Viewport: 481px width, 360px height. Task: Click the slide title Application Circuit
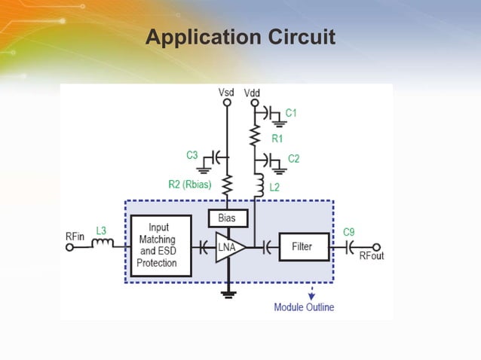click(x=240, y=36)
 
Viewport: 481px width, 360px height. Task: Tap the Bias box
click(x=227, y=218)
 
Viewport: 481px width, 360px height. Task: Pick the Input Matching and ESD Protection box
click(x=158, y=246)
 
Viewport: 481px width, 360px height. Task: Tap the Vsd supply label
click(x=226, y=92)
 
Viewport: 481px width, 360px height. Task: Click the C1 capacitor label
click(x=290, y=113)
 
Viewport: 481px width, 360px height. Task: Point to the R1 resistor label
click(x=277, y=139)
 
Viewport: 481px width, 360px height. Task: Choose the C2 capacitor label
click(x=294, y=159)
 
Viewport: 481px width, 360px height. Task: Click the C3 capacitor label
click(x=192, y=155)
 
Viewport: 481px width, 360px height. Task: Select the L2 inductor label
click(x=275, y=187)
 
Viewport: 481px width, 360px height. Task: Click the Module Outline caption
click(x=304, y=307)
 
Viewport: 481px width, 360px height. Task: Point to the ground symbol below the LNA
click(x=226, y=294)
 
